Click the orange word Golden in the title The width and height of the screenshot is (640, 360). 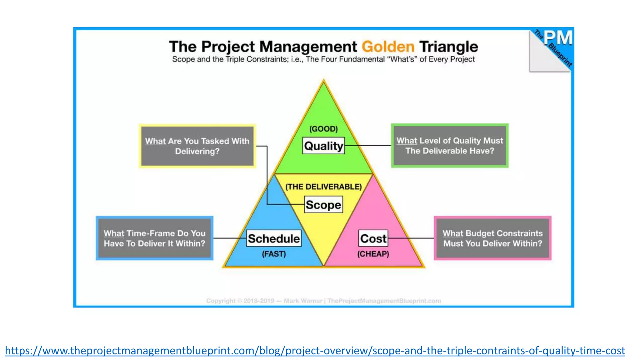(x=388, y=47)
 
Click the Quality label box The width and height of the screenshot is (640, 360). (x=323, y=146)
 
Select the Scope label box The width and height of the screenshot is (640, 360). (x=323, y=205)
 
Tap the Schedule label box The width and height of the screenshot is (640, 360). (x=274, y=238)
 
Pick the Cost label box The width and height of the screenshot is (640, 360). (x=373, y=238)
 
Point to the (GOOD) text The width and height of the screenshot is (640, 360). (x=323, y=129)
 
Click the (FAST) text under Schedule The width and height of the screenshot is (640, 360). (x=274, y=254)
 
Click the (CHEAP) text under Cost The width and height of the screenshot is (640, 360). (x=373, y=254)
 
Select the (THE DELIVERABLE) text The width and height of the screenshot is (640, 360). (x=323, y=187)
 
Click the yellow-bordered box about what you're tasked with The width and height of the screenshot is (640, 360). (x=197, y=146)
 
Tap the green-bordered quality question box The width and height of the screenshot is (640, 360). (x=450, y=146)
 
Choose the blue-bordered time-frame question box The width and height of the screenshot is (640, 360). (x=154, y=238)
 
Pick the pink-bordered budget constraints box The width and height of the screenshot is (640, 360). (x=492, y=238)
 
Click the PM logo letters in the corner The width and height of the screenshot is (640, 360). (x=558, y=38)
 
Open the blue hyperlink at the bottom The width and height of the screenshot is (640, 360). (x=315, y=350)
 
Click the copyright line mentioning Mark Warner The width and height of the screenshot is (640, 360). (x=323, y=301)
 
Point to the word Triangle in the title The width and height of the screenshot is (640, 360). (x=448, y=47)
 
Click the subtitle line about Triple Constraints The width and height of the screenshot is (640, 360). (x=323, y=59)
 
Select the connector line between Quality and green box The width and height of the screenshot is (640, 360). (x=368, y=146)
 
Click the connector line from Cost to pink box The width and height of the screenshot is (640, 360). (x=411, y=238)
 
